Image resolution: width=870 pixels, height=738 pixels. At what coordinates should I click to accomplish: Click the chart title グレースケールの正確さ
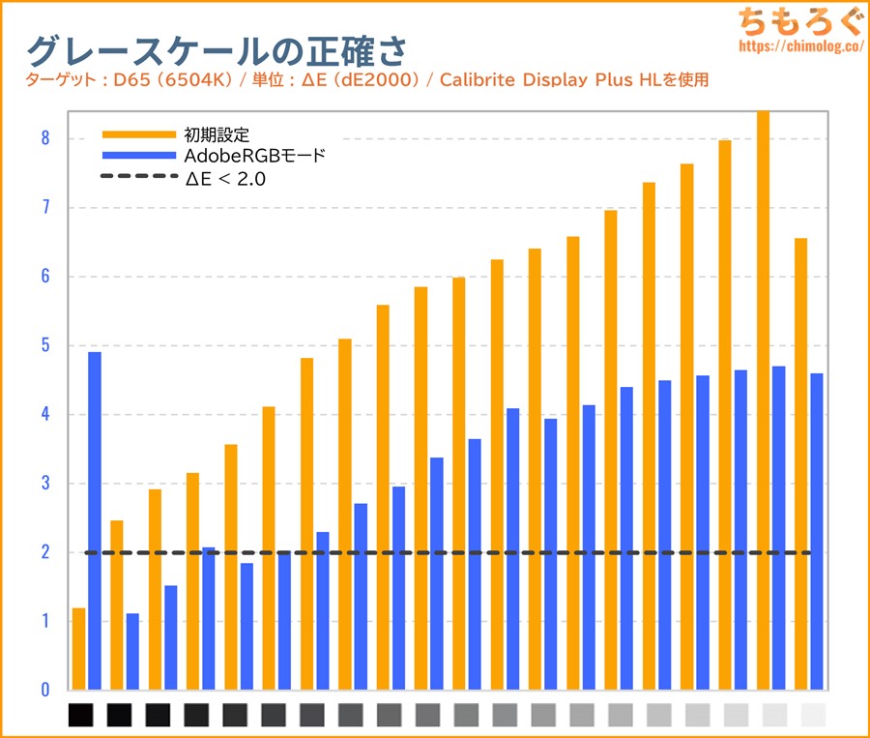(216, 49)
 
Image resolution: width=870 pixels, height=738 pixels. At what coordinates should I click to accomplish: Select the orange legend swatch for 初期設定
(137, 133)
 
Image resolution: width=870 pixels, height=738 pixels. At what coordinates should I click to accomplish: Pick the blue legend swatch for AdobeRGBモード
(137, 155)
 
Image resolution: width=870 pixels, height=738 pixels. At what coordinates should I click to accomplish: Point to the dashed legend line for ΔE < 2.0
(137, 177)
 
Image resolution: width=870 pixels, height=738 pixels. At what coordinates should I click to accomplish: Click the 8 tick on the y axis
(44, 138)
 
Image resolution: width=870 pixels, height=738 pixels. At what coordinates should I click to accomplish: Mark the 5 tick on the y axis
(44, 345)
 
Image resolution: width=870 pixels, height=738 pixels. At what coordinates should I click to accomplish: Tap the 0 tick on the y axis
(44, 690)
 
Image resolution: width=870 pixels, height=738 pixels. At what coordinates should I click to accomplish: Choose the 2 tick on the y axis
(44, 552)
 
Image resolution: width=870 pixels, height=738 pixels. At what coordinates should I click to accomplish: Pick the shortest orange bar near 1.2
(78, 648)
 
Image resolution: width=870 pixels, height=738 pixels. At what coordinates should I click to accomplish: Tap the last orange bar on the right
(800, 463)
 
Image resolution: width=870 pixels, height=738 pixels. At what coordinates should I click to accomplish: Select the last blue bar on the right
(817, 531)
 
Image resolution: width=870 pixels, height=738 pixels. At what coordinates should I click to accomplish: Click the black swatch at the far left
(81, 715)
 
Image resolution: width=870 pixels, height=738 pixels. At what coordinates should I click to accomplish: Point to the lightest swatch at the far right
(814, 715)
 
